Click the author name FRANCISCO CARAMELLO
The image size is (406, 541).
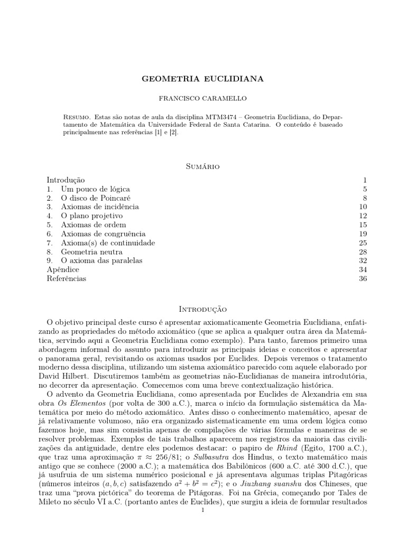coord(203,98)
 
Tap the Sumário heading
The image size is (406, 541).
coord(203,166)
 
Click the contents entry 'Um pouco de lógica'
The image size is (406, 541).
coord(95,189)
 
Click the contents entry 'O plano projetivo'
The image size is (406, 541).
coord(91,216)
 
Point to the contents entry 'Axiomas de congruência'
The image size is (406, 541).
coord(103,234)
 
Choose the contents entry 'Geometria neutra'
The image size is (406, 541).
coord(91,251)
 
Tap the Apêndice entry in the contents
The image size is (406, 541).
coord(63,269)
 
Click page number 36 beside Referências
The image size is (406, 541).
coord(355,278)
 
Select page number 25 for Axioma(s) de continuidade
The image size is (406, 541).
coord(355,242)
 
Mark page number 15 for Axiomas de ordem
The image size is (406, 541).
coord(355,225)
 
